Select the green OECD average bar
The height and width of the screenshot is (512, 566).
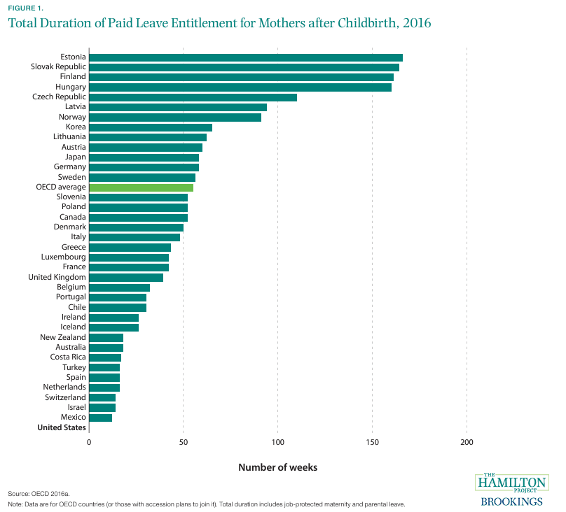coord(141,187)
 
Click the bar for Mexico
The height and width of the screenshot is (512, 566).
coord(100,418)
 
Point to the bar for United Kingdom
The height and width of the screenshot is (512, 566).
coord(126,278)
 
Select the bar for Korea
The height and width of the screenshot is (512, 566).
coord(151,127)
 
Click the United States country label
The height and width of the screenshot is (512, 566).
coord(62,427)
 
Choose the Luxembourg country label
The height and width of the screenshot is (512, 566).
coord(64,257)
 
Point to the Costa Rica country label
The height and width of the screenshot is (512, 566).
coord(68,357)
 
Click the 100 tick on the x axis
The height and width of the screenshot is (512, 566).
coord(278,443)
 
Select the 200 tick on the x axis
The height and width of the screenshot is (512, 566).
coord(467,443)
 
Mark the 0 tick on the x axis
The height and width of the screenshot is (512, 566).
coord(90,443)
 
